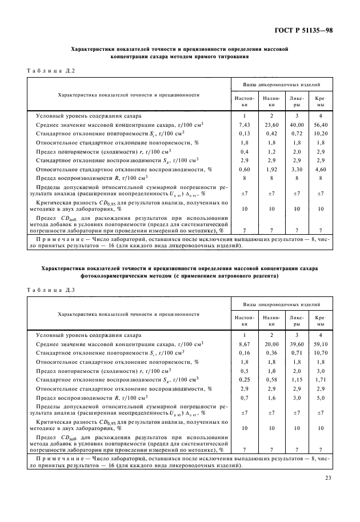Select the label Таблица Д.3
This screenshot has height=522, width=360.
(51, 290)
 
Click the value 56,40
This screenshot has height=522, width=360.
(321, 125)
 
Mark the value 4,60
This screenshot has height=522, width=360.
(321, 170)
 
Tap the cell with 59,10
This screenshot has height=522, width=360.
(321, 344)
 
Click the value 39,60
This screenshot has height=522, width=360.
(297, 344)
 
